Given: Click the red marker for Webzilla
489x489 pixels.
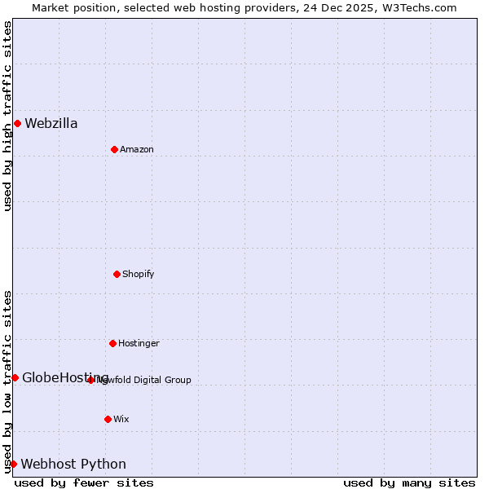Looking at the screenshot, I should click(x=17, y=123).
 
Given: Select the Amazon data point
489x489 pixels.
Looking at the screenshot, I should click(x=114, y=149).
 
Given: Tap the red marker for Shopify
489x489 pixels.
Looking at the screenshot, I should click(x=117, y=274).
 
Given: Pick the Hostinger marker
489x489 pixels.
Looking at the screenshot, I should click(x=112, y=343).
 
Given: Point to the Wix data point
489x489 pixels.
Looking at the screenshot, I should click(x=108, y=419).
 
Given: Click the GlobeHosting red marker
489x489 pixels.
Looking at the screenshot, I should click(x=15, y=377).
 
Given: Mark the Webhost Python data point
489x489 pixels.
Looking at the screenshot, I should click(x=13, y=464).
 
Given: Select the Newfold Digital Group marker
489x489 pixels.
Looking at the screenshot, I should click(x=91, y=380).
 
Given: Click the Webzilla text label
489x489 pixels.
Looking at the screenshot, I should click(x=51, y=124).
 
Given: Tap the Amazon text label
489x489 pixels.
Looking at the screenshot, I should click(x=137, y=150).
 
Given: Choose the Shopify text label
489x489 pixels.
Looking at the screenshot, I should click(x=139, y=275).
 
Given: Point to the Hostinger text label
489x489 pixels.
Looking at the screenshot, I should click(x=139, y=344).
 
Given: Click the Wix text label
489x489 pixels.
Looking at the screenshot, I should click(x=121, y=420).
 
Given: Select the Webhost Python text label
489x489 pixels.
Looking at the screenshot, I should click(x=73, y=465).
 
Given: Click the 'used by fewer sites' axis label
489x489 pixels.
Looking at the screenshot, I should click(x=84, y=482).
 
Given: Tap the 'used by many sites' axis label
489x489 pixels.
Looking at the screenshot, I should click(x=409, y=482).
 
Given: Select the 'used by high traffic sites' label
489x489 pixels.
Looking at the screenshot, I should click(x=7, y=116).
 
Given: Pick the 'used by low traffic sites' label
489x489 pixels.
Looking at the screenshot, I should click(x=7, y=381).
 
